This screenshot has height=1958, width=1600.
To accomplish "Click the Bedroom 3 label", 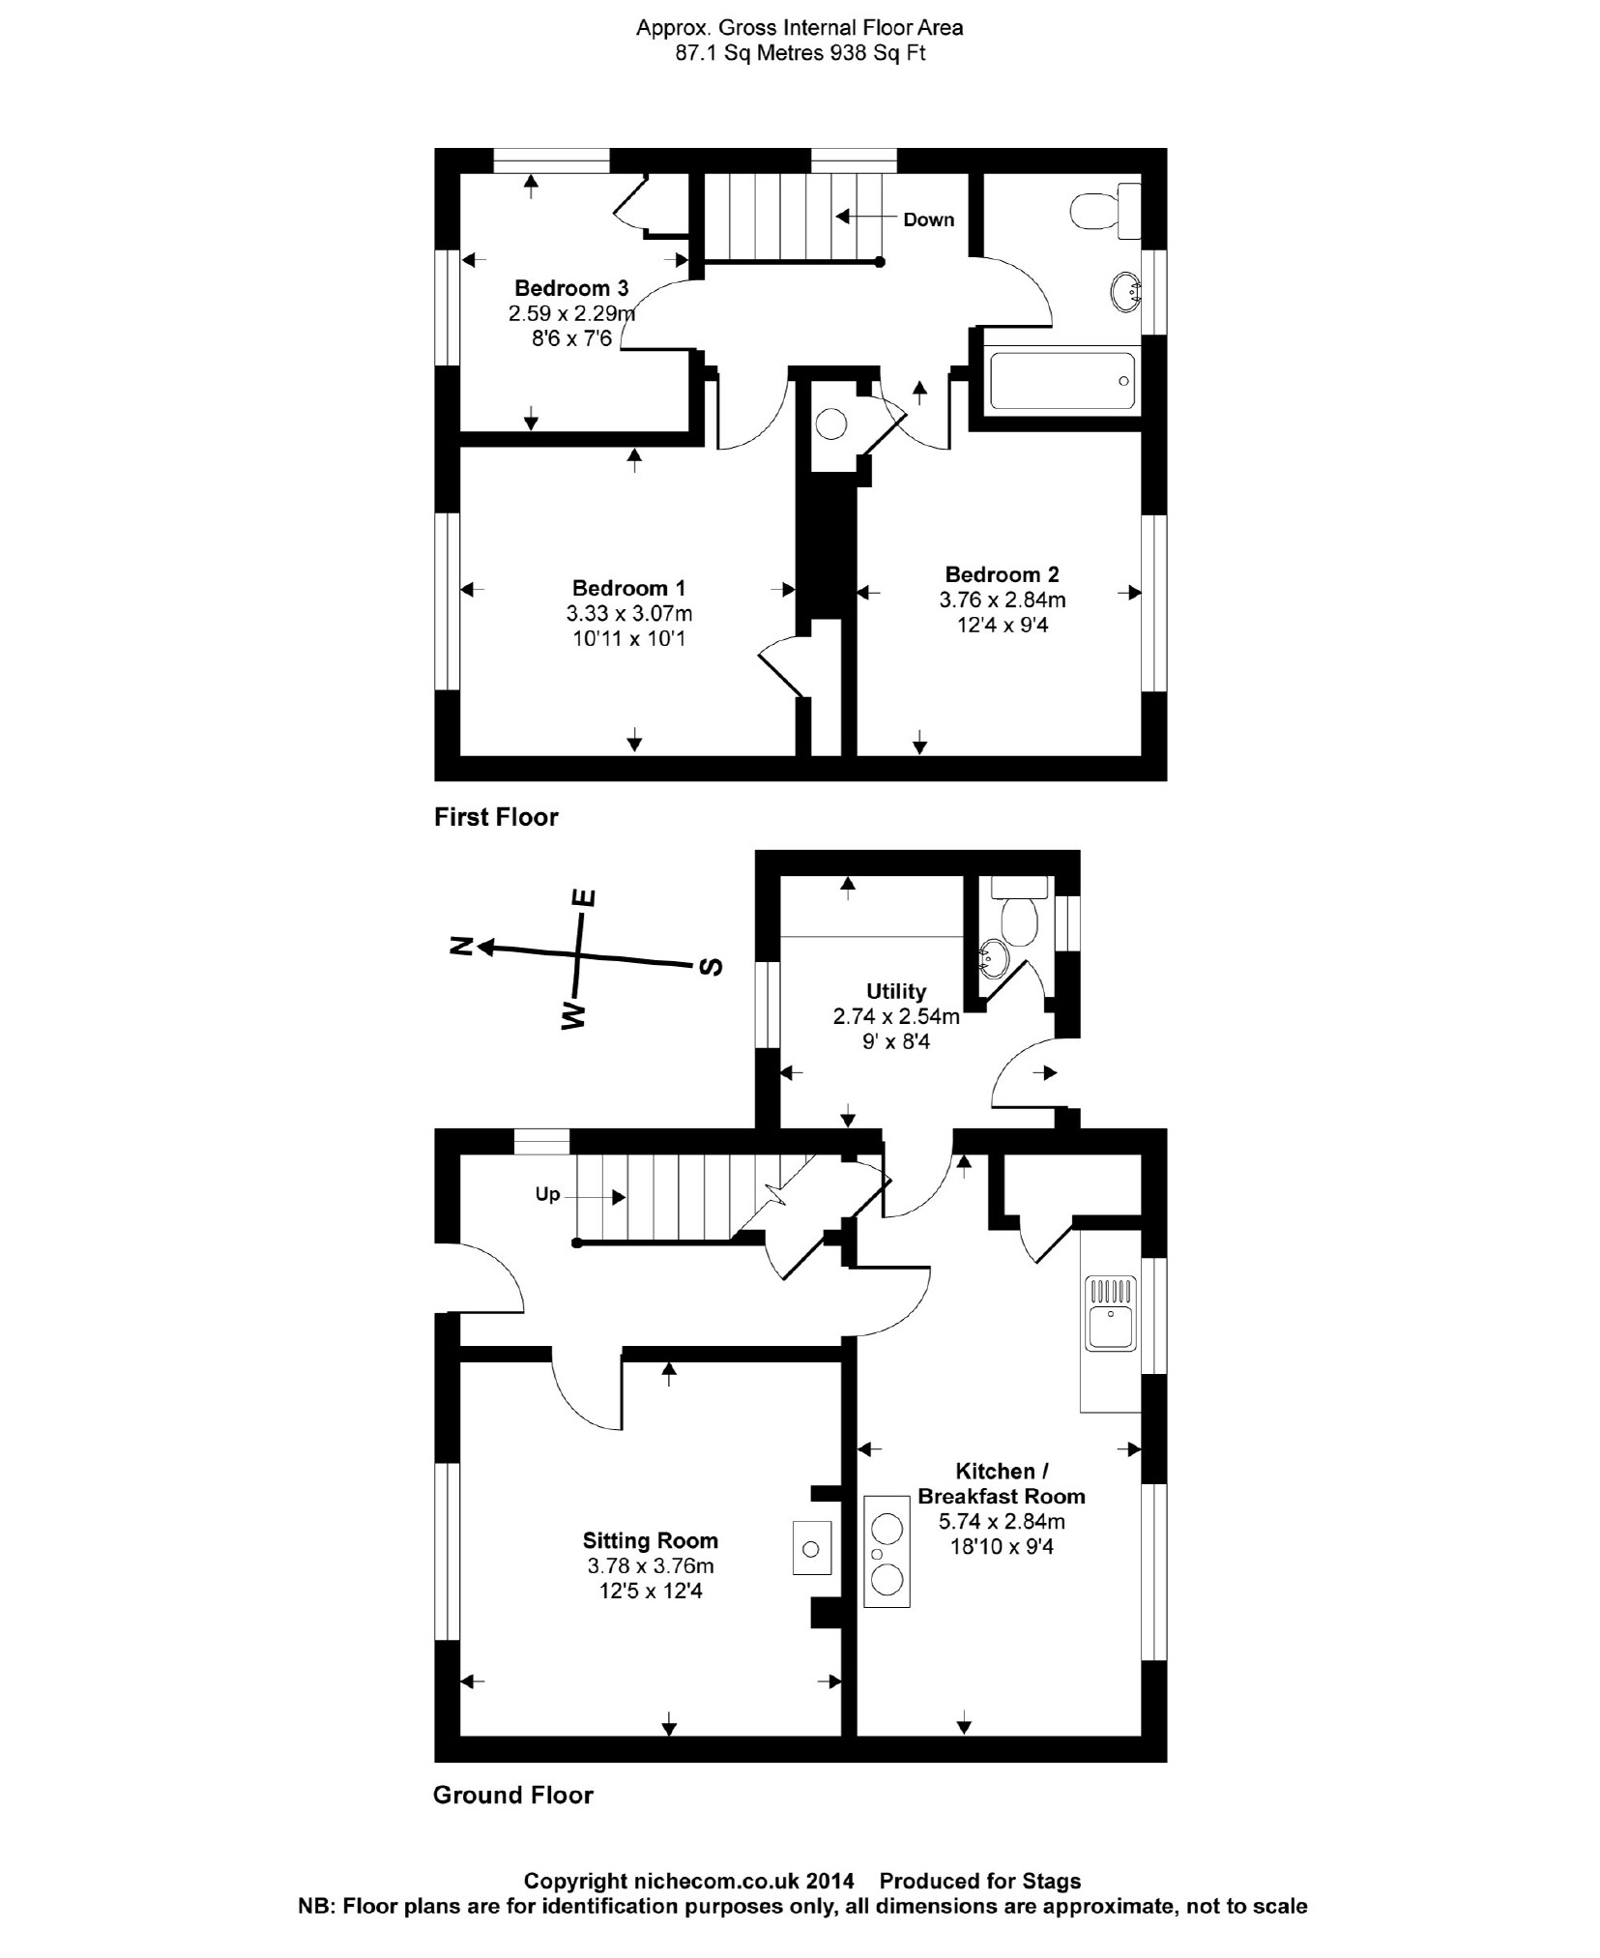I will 570,288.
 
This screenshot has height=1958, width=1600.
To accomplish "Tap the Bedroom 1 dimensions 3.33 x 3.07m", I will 628,613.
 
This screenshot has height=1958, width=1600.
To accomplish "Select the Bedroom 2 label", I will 1002,574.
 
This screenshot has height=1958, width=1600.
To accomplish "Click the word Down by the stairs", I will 928,219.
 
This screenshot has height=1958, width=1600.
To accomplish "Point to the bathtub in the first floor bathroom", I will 1061,381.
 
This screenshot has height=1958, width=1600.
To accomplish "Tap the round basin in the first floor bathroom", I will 1123,292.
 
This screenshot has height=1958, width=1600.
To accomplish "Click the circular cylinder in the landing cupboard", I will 830,424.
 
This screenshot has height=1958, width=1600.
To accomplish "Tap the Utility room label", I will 895,991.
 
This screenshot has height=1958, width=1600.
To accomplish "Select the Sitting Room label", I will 650,1541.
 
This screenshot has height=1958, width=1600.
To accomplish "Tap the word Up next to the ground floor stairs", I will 547,1194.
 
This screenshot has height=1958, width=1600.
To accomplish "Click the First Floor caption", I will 496,817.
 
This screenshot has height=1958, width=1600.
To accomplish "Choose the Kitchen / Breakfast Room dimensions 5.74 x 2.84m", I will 1002,1521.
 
